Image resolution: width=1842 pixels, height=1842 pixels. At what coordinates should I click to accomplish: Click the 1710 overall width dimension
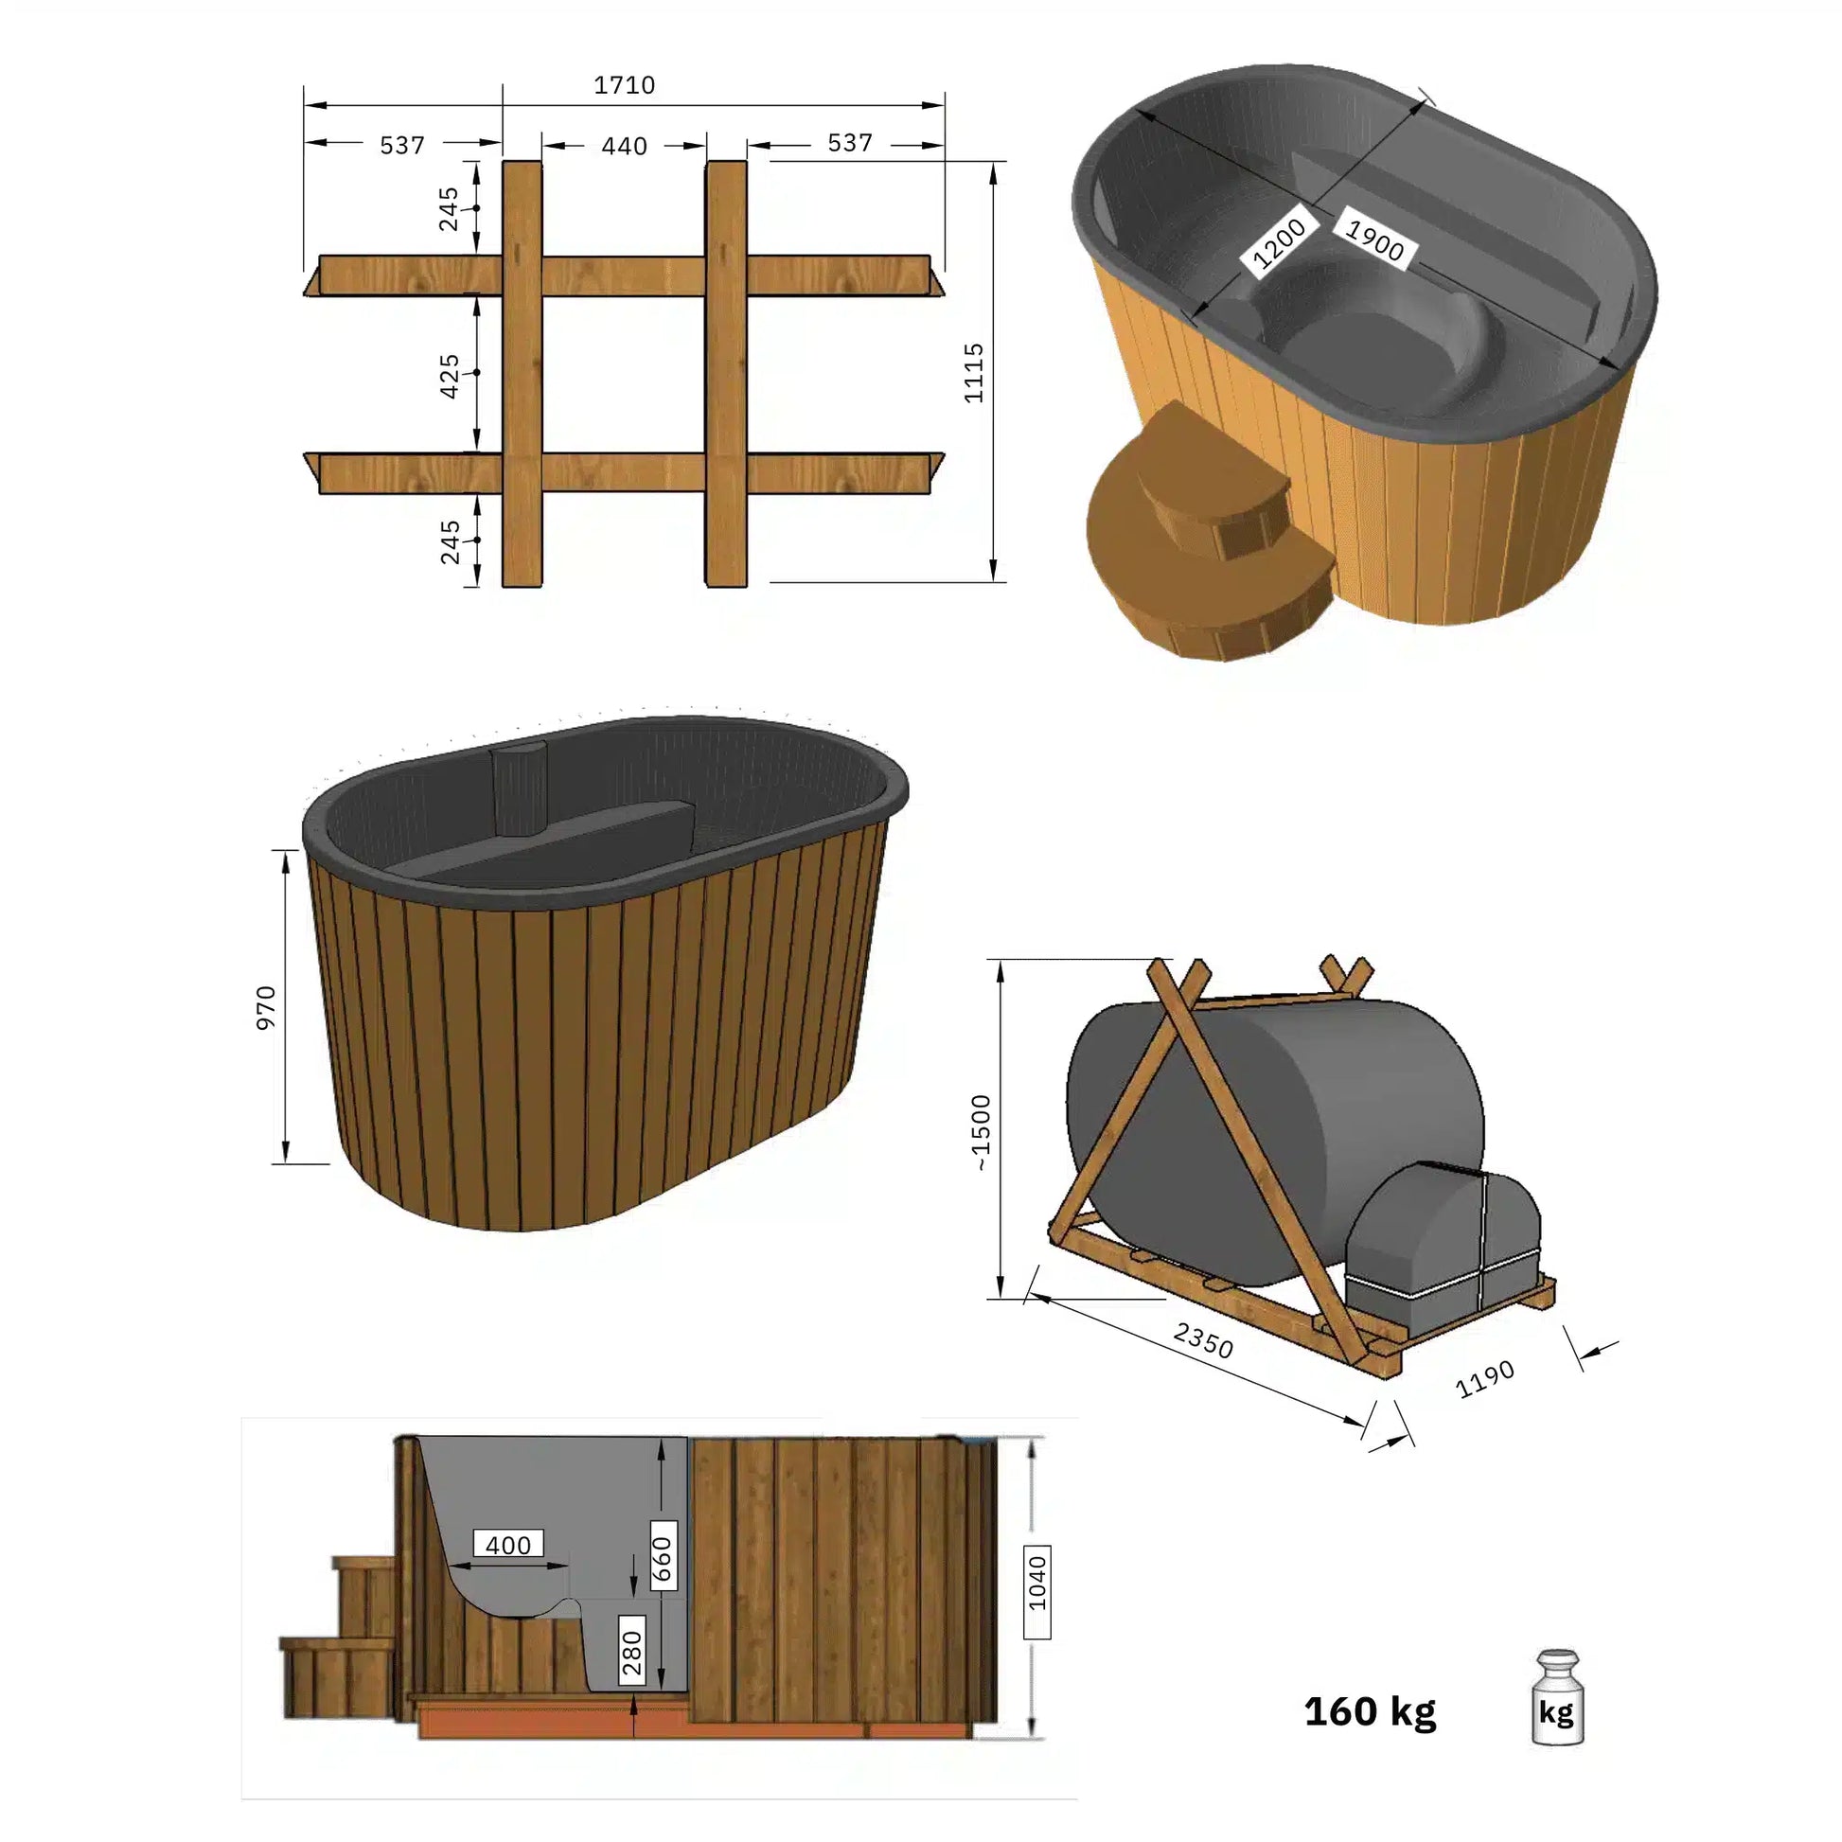click(x=625, y=85)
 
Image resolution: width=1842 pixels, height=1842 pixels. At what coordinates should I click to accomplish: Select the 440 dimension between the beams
click(x=625, y=146)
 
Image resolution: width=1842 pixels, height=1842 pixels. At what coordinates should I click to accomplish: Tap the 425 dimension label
click(x=449, y=376)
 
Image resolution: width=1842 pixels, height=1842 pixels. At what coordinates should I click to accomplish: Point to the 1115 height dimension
click(x=973, y=373)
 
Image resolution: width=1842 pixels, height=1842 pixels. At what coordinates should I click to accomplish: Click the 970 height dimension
click(x=266, y=1007)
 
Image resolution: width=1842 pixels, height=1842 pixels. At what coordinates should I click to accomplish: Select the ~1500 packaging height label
click(x=981, y=1132)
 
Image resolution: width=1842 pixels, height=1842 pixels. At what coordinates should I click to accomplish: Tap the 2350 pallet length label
click(x=1203, y=1339)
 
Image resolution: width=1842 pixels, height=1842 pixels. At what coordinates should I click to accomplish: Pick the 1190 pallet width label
click(x=1485, y=1378)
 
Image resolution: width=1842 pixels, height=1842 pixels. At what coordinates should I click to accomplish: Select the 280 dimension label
click(x=632, y=1654)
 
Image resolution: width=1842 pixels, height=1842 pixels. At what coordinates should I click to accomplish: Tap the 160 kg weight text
click(x=1370, y=1711)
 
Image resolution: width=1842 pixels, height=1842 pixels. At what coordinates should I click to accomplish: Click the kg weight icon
click(x=1557, y=1711)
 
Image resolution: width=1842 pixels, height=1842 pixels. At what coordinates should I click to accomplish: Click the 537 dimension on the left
click(x=401, y=145)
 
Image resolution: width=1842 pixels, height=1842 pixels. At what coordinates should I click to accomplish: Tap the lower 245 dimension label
click(x=449, y=541)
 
